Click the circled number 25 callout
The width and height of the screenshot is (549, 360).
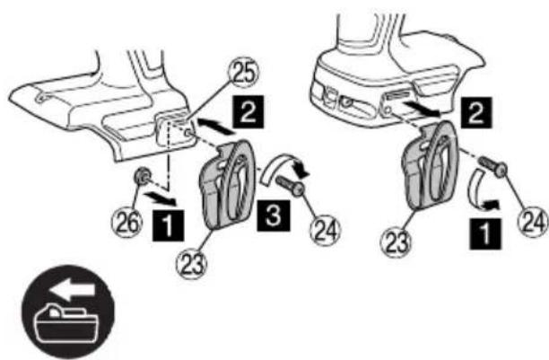243,75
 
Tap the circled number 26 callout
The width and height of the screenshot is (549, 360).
127,222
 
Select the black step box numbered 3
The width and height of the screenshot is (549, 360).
273,215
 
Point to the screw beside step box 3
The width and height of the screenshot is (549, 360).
291,186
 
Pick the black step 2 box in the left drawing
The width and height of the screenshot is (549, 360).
248,111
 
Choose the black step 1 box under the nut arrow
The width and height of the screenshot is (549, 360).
169,225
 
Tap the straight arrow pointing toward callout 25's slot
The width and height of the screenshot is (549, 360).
215,126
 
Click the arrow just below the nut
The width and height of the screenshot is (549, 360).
161,199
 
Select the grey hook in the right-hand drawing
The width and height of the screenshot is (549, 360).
430,165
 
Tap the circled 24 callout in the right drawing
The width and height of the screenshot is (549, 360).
533,221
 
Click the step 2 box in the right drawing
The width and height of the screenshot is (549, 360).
476,112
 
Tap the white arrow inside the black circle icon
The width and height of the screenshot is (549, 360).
73,290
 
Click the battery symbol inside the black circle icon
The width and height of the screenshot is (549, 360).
66,323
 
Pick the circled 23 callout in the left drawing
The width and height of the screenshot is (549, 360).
191,262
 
